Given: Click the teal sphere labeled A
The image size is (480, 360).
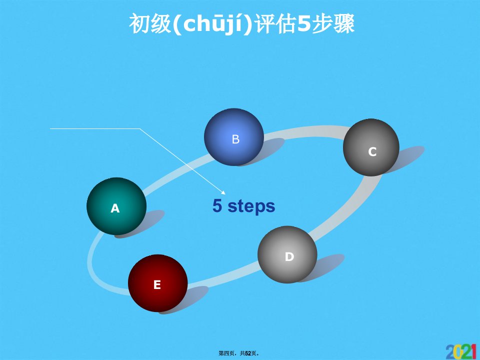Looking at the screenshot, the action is [x=116, y=206].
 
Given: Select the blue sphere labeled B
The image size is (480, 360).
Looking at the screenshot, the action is [x=234, y=137].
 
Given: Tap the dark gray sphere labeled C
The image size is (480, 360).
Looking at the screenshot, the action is [x=371, y=147].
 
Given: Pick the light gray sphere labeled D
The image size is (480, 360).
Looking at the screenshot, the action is [x=287, y=254].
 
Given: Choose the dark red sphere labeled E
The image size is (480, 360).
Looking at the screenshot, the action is [x=157, y=283].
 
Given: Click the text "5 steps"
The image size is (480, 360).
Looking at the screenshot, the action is [x=243, y=205].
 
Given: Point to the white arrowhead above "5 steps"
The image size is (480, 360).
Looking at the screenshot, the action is [x=223, y=192].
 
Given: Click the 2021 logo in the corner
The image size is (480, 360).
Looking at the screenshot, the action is [x=461, y=351].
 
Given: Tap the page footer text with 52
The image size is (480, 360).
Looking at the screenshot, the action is [x=239, y=353].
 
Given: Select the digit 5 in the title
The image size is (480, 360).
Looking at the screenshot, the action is [x=304, y=24].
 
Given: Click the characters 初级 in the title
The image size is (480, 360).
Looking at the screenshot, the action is [x=150, y=24].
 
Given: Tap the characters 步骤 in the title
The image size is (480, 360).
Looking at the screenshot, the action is [x=333, y=24].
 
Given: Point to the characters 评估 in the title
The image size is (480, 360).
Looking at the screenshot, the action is [x=275, y=24].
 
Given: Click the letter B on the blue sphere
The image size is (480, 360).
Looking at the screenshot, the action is [x=235, y=139].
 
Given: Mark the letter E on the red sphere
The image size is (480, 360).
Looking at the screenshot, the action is [x=157, y=284].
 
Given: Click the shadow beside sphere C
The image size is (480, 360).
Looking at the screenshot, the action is [x=407, y=158].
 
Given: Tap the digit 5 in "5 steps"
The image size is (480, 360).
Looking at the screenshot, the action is [x=217, y=205].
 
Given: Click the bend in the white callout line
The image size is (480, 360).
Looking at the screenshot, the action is [x=140, y=129].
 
